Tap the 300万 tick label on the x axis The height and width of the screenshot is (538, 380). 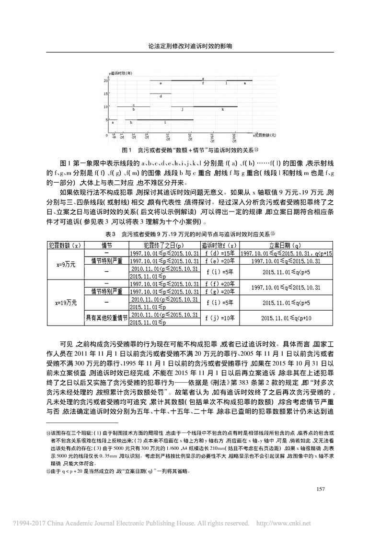234,138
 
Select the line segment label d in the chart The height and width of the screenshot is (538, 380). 161,96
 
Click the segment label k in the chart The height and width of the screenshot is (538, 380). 222,110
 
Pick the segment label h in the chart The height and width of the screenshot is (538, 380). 130,123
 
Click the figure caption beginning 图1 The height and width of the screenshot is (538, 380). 190,150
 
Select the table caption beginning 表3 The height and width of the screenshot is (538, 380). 190,235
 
